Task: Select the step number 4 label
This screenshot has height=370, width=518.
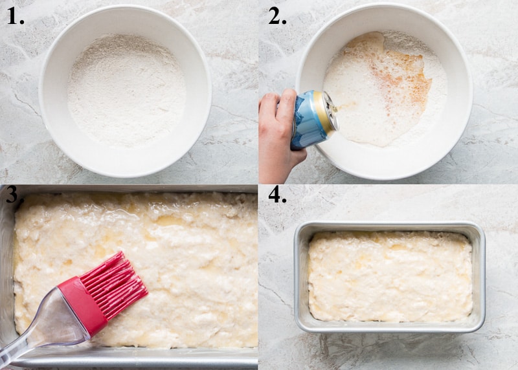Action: tap(277, 194)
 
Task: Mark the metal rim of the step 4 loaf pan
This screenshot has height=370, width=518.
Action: tap(388, 226)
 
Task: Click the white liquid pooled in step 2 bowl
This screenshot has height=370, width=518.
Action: tap(363, 116)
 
